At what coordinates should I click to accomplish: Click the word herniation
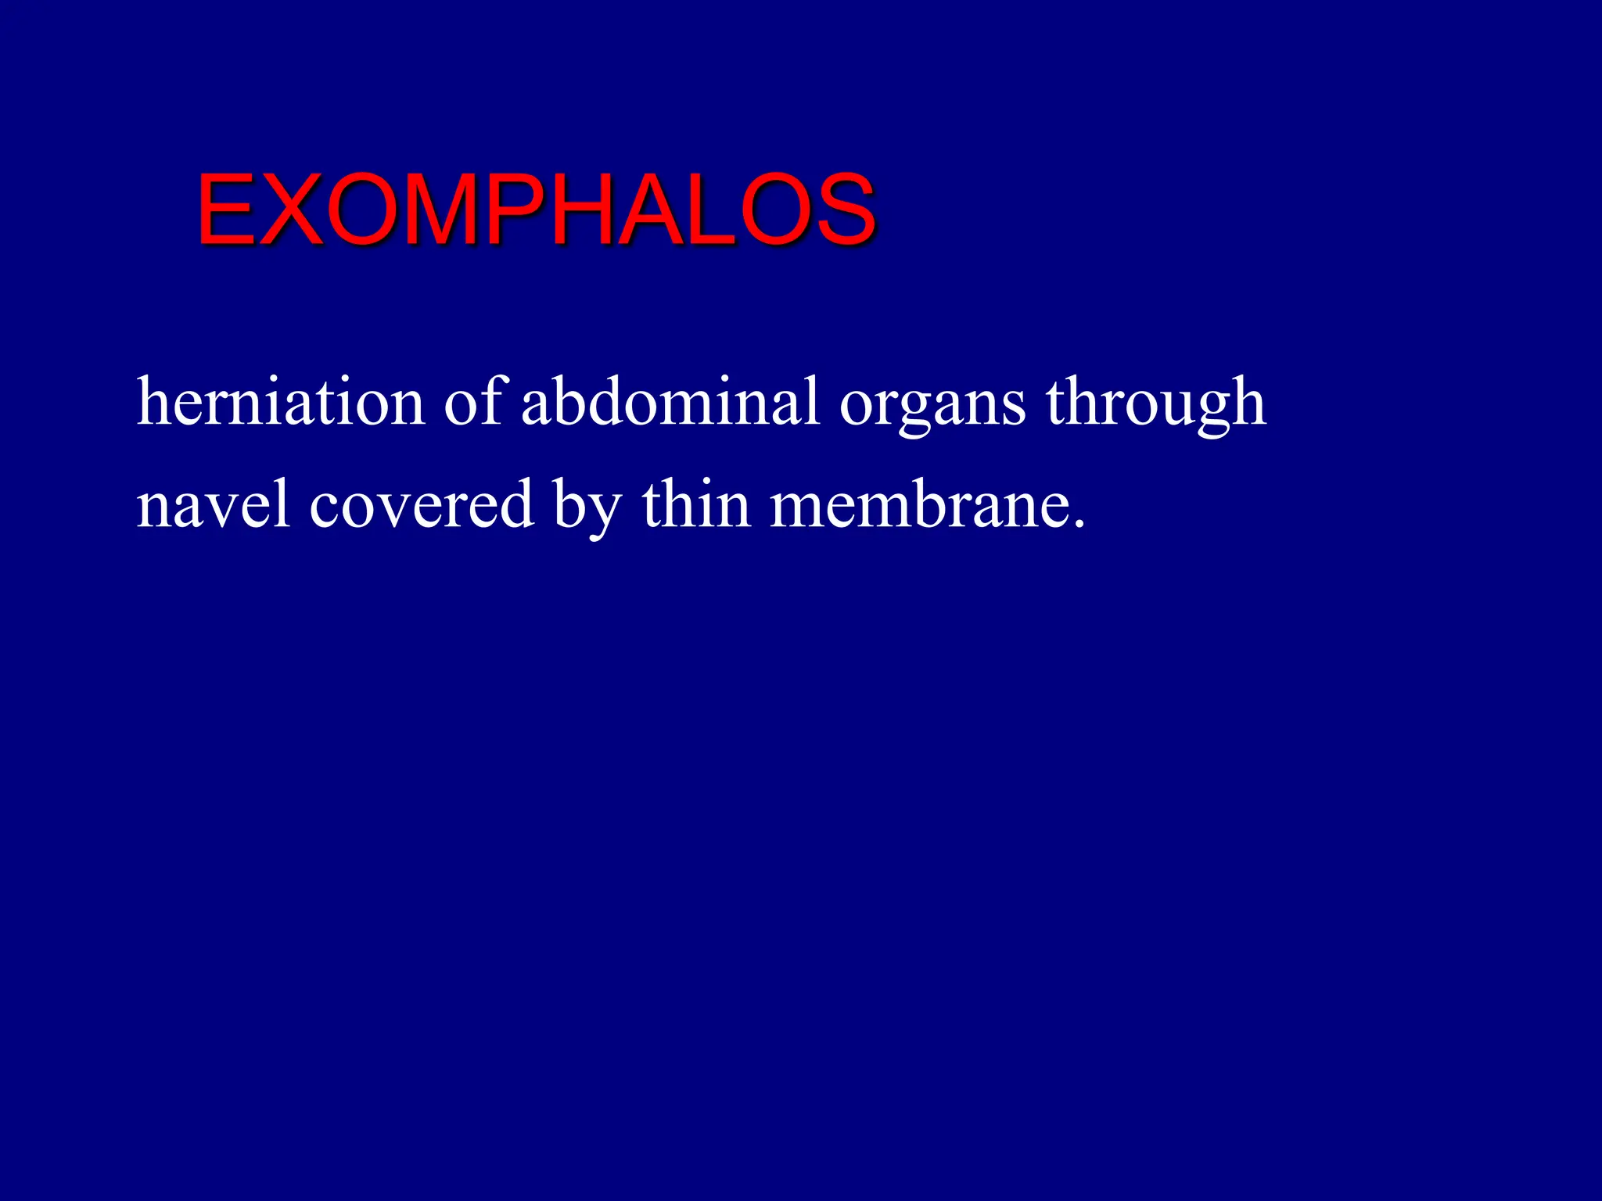coord(280,403)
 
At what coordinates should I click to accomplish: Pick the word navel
coord(214,505)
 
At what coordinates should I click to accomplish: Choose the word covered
coord(422,505)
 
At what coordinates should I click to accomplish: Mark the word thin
coord(695,504)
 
